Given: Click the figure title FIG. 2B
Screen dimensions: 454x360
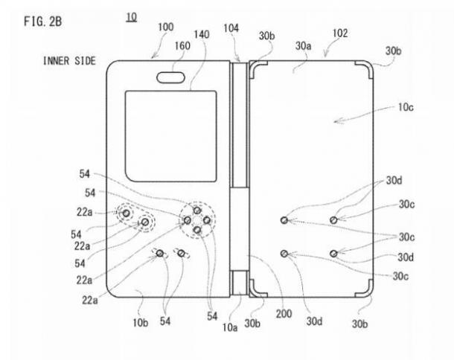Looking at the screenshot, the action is point(43,22).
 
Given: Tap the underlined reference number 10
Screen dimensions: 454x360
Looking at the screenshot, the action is point(131,17).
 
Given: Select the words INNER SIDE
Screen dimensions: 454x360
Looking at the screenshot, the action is point(69,61).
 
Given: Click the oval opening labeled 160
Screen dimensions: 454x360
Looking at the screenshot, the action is point(170,77).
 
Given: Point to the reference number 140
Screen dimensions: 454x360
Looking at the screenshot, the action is point(202,35).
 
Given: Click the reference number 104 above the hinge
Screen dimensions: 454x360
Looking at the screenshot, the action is point(231,28).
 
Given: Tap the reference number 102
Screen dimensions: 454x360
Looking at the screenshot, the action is point(340,33).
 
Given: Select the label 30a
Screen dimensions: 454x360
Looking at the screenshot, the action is point(304,45).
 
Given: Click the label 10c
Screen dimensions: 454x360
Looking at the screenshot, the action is point(406,107).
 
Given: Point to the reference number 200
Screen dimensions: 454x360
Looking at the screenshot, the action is point(284,314).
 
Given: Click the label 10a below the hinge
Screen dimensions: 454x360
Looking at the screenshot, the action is point(230,327).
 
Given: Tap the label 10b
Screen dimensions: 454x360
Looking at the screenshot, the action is point(141,323).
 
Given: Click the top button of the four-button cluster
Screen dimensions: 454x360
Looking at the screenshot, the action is point(197,210).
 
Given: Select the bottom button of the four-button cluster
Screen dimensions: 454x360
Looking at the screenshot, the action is point(197,230).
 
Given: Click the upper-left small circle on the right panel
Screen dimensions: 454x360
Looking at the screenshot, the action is point(284,220).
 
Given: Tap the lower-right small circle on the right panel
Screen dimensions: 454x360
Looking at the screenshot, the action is point(333,254).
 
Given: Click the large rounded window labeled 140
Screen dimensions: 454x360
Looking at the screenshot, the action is point(171,136).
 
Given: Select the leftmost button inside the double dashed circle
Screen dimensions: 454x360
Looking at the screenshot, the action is point(127,213).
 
